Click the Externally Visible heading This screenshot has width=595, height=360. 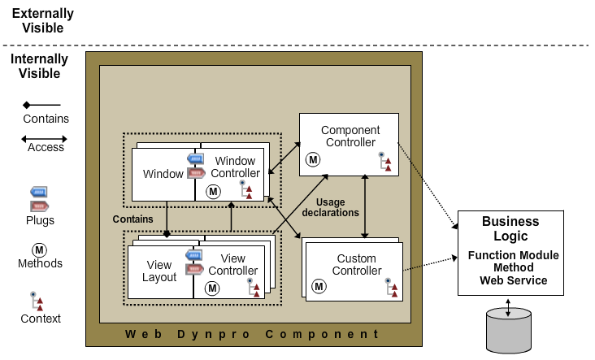click(42, 21)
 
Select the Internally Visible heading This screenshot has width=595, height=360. click(39, 67)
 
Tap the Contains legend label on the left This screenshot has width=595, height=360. click(46, 119)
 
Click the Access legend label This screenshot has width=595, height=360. click(46, 148)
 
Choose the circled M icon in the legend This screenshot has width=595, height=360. click(39, 249)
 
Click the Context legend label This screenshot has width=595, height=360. click(41, 319)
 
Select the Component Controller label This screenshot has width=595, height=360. click(350, 137)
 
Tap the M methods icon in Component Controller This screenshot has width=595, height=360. click(311, 160)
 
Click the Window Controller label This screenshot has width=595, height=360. click(235, 167)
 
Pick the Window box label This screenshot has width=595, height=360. click(163, 174)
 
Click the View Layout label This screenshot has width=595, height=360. click(160, 271)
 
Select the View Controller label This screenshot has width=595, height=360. click(232, 265)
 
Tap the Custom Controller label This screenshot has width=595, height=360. click(358, 265)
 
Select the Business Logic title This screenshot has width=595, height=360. click(510, 228)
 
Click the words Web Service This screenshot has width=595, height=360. click(513, 280)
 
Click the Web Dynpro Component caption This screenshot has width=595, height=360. click(252, 334)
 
